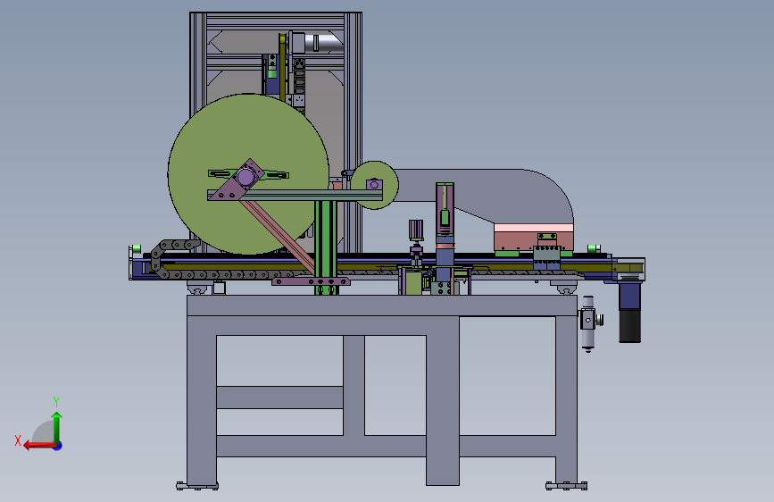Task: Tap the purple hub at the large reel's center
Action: (x=246, y=176)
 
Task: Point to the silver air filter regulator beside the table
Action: (x=588, y=323)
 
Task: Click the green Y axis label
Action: (x=56, y=401)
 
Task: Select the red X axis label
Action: (x=18, y=440)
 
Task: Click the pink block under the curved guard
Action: (x=533, y=238)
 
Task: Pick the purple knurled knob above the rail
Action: (x=416, y=230)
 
